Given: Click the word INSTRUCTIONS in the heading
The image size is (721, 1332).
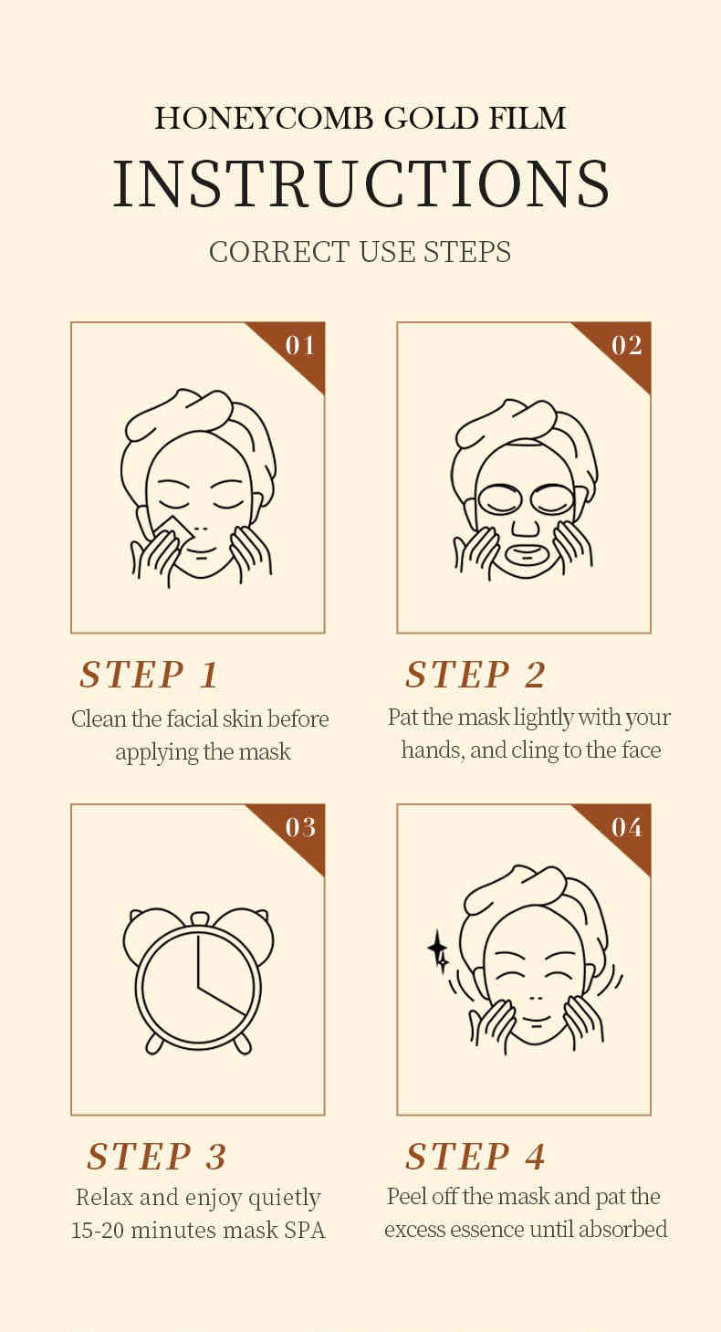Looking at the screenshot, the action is [361, 184].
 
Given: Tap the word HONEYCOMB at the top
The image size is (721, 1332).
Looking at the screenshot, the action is [264, 118].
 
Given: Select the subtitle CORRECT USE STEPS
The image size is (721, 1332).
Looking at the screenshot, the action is [360, 252].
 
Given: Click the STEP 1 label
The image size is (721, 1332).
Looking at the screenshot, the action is [149, 675].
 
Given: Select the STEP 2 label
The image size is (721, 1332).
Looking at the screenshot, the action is [475, 675].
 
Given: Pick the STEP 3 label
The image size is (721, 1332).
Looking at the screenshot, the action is [157, 1157].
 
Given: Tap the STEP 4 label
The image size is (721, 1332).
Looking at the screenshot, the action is [475, 1157].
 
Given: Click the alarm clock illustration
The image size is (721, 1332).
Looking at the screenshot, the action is [198, 981].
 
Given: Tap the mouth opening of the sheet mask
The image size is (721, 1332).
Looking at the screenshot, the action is [526, 557].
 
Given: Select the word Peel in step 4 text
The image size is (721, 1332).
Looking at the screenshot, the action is [406, 1197].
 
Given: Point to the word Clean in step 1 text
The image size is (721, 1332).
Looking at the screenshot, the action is [99, 718].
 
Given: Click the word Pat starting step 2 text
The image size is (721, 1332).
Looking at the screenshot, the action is [402, 718].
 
